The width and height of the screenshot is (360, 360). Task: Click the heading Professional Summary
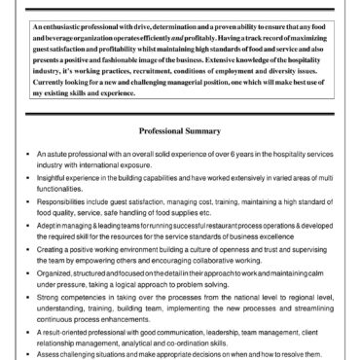click(179, 130)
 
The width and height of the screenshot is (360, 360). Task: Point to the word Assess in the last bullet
click(46, 356)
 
